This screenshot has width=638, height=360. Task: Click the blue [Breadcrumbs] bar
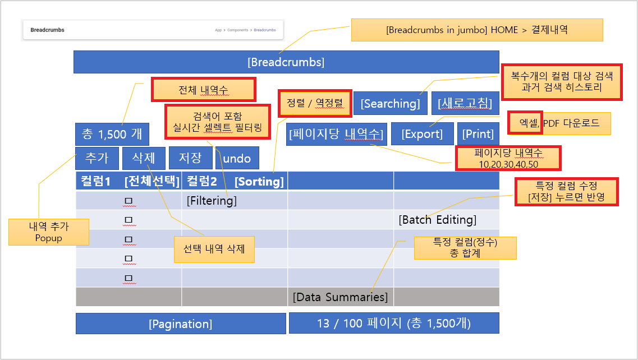[x=286, y=62]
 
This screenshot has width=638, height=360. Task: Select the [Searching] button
[x=390, y=103]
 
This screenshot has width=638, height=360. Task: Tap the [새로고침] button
[x=465, y=103]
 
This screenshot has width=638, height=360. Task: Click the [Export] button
[x=422, y=134]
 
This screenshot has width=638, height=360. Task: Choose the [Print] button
[x=478, y=134]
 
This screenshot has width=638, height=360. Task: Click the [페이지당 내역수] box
[x=336, y=134]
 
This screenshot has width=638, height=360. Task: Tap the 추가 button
[x=97, y=158]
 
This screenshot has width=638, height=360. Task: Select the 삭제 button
[x=144, y=158]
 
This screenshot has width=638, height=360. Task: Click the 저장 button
[x=190, y=158]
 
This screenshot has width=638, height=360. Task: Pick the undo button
[x=237, y=158]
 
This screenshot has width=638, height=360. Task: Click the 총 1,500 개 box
[x=112, y=134]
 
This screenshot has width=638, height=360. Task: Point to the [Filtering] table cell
[x=212, y=200]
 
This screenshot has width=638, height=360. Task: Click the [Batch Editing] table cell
[x=438, y=219]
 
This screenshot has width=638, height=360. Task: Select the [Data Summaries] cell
[x=340, y=297]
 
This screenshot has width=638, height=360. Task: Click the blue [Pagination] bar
[x=181, y=324]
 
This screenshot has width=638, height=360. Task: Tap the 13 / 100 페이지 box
[x=393, y=324]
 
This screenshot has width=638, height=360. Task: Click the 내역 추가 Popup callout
[x=49, y=232]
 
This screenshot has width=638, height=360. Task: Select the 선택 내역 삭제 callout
[x=214, y=248]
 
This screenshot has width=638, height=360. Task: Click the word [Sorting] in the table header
[x=259, y=181]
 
